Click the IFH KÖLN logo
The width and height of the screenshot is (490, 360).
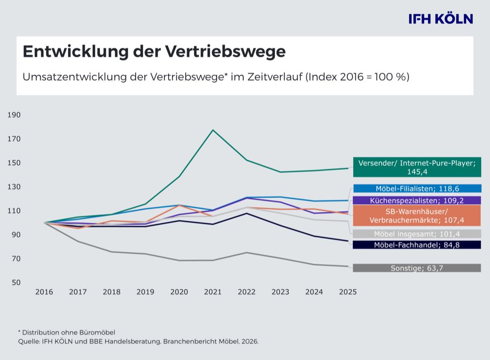tap(441, 19)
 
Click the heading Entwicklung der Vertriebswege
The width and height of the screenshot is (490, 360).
tap(154, 51)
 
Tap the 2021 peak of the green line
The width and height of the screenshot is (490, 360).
tap(213, 130)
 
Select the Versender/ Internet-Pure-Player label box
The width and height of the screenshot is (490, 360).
tap(416, 167)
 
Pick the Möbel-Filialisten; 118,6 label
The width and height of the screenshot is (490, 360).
tap(416, 188)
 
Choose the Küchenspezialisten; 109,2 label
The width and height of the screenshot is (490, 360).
tap(416, 200)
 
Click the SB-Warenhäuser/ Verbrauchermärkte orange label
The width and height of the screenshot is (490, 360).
tap(416, 215)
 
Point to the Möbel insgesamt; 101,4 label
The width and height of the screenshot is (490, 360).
tap(416, 234)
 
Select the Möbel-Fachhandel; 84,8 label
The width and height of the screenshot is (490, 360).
tap(416, 245)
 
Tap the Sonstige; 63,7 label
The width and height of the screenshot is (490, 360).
tap(416, 268)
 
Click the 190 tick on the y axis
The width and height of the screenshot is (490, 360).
tap(14, 115)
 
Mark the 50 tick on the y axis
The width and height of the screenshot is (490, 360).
tap(16, 283)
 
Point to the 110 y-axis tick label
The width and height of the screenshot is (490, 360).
tap(14, 211)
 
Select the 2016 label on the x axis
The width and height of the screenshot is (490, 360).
tap(44, 292)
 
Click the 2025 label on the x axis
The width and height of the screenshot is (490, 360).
tap(348, 292)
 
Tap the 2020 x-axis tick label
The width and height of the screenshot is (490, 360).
tap(179, 292)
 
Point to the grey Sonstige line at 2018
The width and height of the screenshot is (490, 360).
tap(112, 252)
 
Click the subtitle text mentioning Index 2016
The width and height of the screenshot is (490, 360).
tap(216, 77)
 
